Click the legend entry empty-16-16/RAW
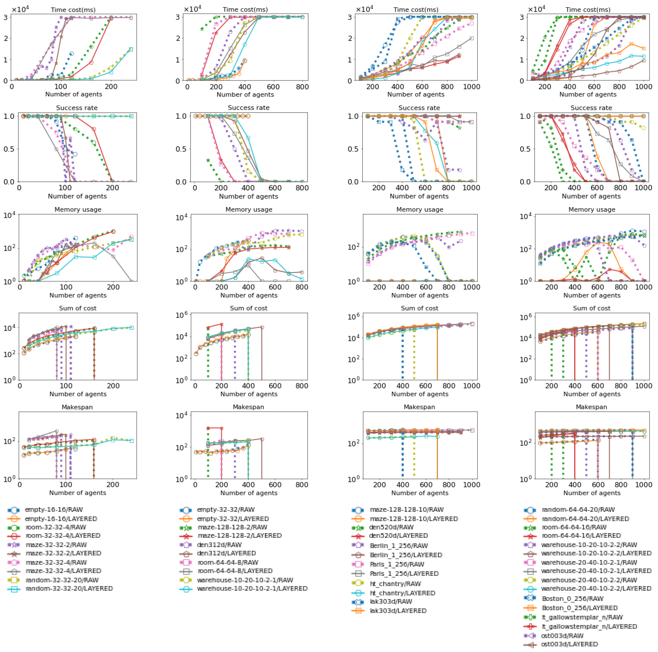click(x=53, y=510)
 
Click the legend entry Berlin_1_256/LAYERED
click(x=406, y=555)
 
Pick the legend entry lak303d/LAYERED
click(x=398, y=611)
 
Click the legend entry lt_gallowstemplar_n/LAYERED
click(x=589, y=626)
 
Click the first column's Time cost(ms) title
click(x=73, y=10)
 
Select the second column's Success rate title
click(x=248, y=108)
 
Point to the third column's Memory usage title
click(x=420, y=209)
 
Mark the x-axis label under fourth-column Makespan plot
click(x=592, y=493)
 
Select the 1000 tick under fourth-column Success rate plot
click(x=644, y=188)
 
